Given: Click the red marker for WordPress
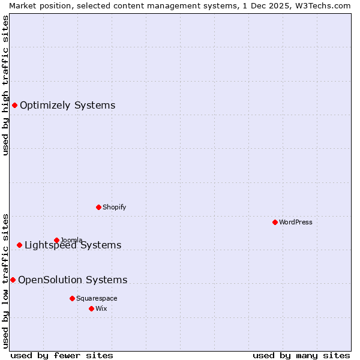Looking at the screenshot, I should click(x=275, y=222).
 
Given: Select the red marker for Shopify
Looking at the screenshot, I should click(x=98, y=207).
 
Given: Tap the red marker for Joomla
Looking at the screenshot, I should click(x=56, y=240).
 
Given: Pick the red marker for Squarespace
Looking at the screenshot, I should click(x=72, y=298).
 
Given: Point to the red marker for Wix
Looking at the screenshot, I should click(x=91, y=308).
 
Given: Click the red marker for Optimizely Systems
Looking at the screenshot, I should click(x=14, y=106).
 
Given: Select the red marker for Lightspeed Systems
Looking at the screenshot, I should click(x=19, y=245).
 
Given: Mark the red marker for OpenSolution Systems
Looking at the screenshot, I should click(x=13, y=280).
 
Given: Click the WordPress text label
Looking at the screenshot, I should click(x=296, y=222).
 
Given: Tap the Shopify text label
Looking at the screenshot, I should click(x=114, y=207).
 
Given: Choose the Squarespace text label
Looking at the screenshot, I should click(x=97, y=298).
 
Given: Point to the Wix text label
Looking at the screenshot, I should click(x=101, y=308).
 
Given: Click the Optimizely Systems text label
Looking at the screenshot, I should click(x=67, y=106).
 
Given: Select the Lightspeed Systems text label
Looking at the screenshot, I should click(x=73, y=245).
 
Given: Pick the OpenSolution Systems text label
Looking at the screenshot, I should click(x=73, y=280).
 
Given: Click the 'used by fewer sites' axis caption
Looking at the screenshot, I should click(x=62, y=355).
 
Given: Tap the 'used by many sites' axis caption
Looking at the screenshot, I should click(x=301, y=355).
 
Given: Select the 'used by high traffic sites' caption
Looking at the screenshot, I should click(x=5, y=85).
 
